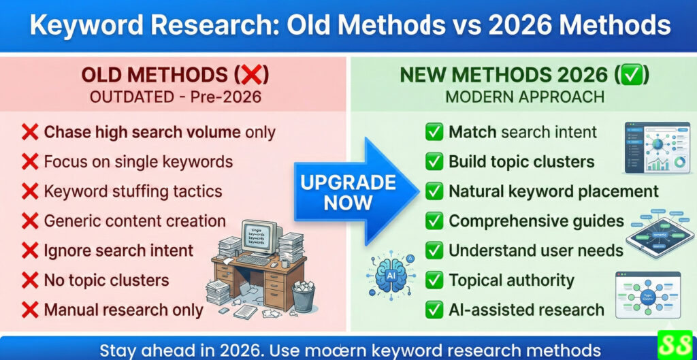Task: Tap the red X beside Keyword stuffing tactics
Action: (x=29, y=191)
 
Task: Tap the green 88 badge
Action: (x=674, y=345)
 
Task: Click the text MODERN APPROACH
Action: (x=525, y=97)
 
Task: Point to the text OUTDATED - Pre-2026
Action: (x=176, y=97)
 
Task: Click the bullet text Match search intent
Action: (x=523, y=132)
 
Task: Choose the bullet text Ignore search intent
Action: (x=118, y=250)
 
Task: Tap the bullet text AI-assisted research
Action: (x=526, y=310)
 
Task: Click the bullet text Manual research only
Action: (x=123, y=310)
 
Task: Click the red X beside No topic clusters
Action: (x=29, y=280)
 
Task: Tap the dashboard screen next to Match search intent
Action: (x=653, y=148)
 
